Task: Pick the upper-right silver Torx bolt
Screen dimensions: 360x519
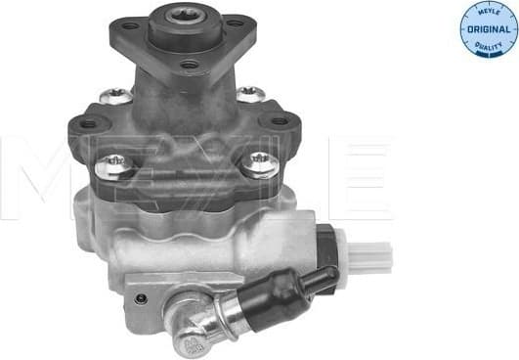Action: pos(251,95)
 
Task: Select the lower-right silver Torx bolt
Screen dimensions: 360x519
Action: pos(258,162)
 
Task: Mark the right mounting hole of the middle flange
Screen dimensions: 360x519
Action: pos(280,121)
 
